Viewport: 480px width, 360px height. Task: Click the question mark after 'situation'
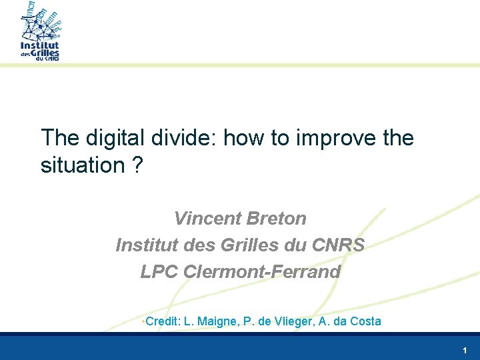click(137, 165)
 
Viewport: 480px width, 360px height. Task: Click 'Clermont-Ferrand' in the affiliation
click(261, 271)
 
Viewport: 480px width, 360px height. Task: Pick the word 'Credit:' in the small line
click(162, 321)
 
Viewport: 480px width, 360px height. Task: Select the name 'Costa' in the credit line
click(366, 321)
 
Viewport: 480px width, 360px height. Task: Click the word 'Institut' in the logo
click(40, 46)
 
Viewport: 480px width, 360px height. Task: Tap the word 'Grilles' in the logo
click(45, 53)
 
